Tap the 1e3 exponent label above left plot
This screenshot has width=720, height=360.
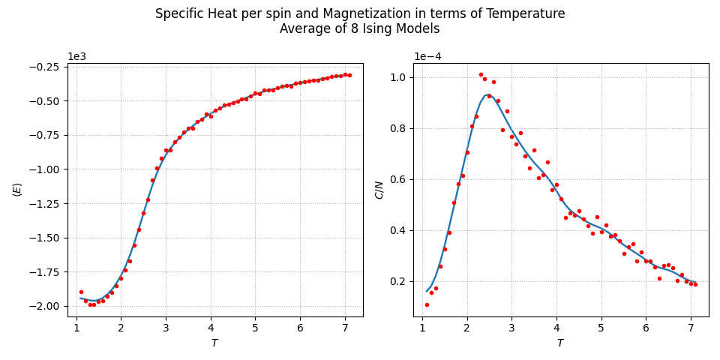(x=77, y=57)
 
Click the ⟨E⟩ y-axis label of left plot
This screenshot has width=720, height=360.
(x=17, y=190)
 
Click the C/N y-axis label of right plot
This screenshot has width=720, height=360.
(x=379, y=190)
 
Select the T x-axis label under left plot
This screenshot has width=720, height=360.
(x=214, y=343)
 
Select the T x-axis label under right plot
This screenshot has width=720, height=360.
(x=560, y=343)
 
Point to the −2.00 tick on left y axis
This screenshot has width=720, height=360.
(x=46, y=306)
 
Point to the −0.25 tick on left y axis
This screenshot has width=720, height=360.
(x=46, y=67)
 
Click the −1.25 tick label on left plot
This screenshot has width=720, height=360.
(x=46, y=204)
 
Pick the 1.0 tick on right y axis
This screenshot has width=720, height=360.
(x=398, y=77)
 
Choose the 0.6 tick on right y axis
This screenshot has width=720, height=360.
(x=398, y=179)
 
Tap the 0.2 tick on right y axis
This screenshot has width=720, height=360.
(x=398, y=281)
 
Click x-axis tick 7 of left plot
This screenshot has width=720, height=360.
(x=345, y=328)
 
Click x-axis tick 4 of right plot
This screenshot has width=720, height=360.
(x=556, y=328)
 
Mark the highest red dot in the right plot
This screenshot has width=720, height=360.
(x=481, y=74)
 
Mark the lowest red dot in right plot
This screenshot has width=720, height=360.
(x=427, y=304)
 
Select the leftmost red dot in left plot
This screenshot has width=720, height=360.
(x=81, y=292)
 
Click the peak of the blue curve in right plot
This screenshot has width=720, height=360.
(x=487, y=94)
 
